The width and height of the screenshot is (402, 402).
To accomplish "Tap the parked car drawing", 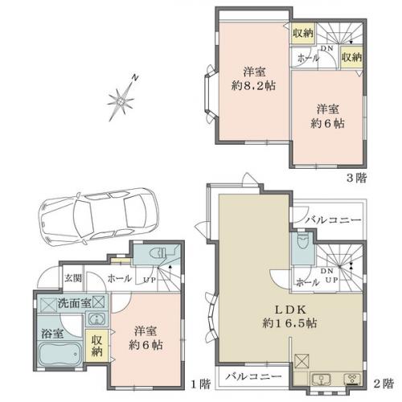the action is click(98, 216).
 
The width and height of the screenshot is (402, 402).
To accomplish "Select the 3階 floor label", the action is click(356, 178).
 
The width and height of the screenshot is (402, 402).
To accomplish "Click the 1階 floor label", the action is click(201, 384).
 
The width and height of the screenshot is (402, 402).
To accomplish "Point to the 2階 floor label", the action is click(384, 384).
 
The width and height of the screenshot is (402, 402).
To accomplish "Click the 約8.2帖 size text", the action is click(253, 86).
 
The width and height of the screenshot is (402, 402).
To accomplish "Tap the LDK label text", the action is click(290, 310).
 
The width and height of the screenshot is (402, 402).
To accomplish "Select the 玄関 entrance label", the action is click(73, 278).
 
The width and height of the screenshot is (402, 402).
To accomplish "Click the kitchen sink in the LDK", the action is click(322, 379).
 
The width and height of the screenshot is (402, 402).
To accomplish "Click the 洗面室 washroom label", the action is click(74, 303).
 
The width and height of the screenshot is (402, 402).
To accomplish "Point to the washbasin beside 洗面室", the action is click(96, 319).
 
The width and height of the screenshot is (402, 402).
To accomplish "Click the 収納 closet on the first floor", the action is click(96, 346).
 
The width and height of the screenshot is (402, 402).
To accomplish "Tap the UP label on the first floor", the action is click(150, 280).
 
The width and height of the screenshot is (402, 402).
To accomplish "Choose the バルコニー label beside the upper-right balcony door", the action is click(334, 220).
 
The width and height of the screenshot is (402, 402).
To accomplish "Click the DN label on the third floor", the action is click(326, 48).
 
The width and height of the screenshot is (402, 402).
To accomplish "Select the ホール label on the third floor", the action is click(308, 58).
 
